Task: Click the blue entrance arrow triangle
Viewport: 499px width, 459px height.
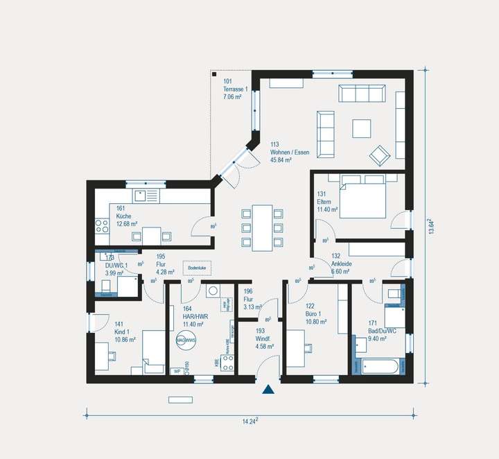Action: (x=268, y=391)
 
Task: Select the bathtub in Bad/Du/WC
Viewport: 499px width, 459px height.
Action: (x=378, y=367)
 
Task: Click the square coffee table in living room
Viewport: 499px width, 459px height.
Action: (x=362, y=129)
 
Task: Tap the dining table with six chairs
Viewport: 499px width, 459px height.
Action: (x=262, y=227)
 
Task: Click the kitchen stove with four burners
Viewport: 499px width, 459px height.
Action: (x=102, y=226)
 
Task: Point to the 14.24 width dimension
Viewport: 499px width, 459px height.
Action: (x=250, y=420)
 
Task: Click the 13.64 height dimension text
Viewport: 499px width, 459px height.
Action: (x=432, y=226)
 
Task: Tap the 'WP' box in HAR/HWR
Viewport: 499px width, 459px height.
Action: (x=177, y=371)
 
